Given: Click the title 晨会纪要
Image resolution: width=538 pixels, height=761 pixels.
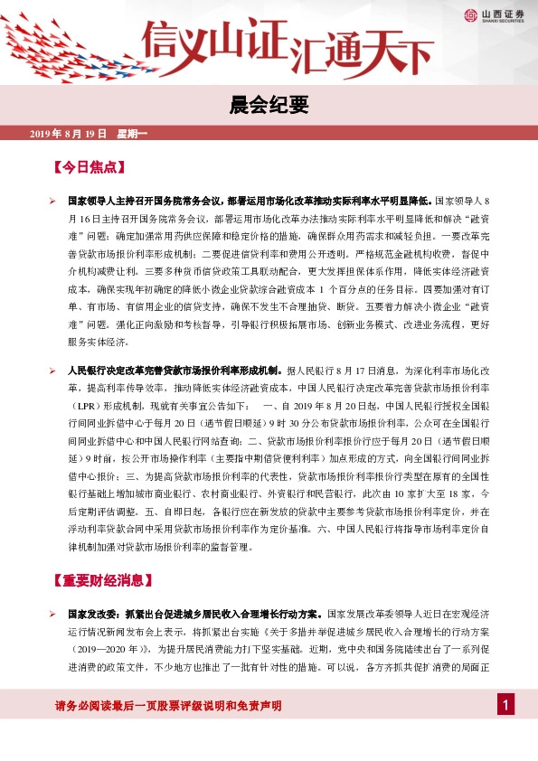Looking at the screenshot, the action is tap(269, 105).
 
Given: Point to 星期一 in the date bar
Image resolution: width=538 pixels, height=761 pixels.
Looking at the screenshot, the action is tap(131, 134).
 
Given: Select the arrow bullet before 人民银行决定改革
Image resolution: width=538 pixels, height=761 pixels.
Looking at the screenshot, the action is tap(52, 371).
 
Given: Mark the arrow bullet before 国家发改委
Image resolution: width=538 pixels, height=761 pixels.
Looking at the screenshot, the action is tap(52, 613).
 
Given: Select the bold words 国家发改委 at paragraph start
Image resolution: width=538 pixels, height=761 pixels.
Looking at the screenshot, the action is tap(90, 613).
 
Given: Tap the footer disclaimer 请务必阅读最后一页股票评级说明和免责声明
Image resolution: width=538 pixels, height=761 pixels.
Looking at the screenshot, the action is tap(168, 705).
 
